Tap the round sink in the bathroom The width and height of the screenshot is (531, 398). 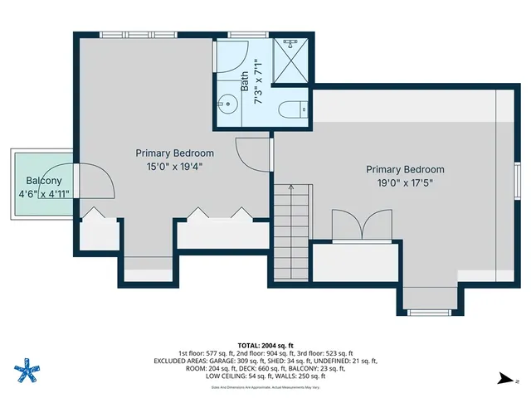click(x=226, y=105)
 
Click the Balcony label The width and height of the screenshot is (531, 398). click(x=43, y=182)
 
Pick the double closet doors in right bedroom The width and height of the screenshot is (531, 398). click(x=361, y=224)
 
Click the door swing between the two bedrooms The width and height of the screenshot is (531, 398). click(x=251, y=153)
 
